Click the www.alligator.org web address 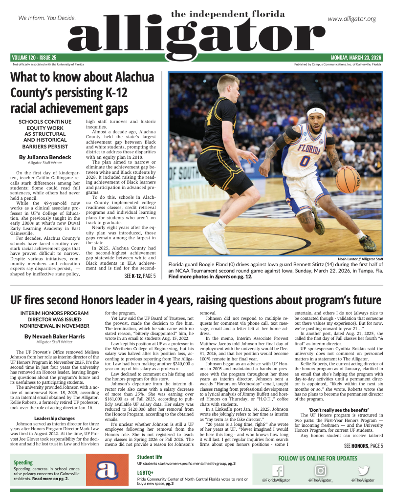pos(351,19)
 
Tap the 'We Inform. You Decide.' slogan pos(47,18)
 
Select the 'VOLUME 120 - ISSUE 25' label pos(35,58)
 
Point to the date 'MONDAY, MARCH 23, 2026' pos(356,58)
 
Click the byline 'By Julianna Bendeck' pos(45,157)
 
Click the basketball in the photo pos(348,180)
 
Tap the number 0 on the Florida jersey pos(306,160)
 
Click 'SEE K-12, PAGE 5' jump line pos(140,276)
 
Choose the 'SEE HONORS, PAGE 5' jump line pos(363,445)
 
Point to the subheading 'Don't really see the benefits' pos(339,409)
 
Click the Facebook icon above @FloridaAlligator pos(277,471)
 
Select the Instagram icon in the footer pos(320,471)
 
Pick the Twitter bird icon pos(363,471)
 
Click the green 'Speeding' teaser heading pos(23,462)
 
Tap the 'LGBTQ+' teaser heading pos(145,473)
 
